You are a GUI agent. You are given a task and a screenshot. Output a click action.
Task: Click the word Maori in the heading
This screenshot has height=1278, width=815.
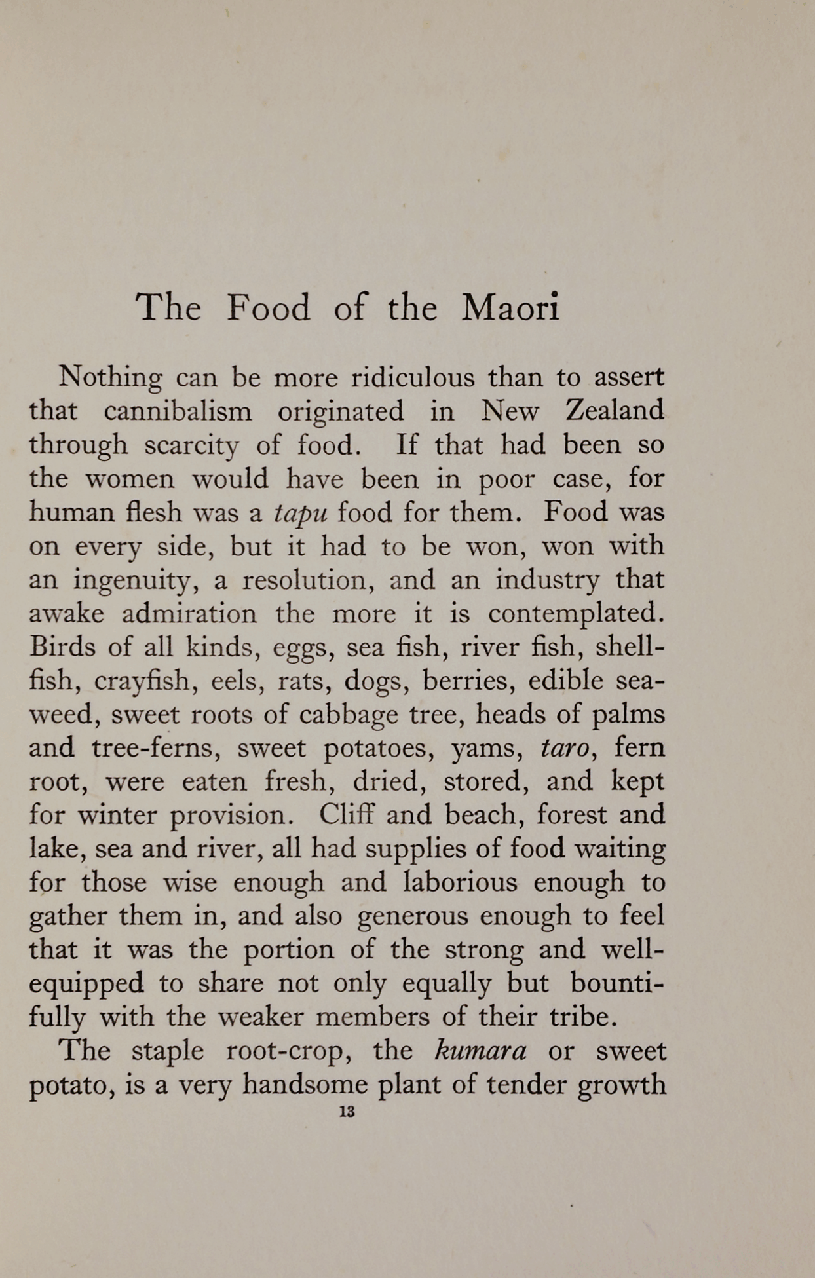pyautogui.click(x=511, y=307)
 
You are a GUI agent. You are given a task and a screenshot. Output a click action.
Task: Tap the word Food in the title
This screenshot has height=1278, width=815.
pyautogui.click(x=269, y=307)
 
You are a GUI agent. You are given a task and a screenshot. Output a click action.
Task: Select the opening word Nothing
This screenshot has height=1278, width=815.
pyautogui.click(x=110, y=378)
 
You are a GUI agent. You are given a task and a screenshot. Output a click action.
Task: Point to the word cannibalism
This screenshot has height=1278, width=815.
pyautogui.click(x=178, y=411)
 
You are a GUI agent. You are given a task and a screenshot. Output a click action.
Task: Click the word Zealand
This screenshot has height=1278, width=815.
pyautogui.click(x=615, y=411)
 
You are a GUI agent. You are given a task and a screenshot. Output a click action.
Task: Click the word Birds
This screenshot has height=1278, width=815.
pyautogui.click(x=61, y=647)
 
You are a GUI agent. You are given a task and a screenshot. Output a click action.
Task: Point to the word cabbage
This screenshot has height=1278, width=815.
pyautogui.click(x=348, y=715)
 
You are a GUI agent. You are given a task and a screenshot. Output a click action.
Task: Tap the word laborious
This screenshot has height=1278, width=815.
pyautogui.click(x=460, y=882)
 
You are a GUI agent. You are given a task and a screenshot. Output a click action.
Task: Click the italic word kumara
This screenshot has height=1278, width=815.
pyautogui.click(x=480, y=1051)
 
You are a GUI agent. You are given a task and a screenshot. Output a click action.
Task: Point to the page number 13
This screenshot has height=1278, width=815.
pyautogui.click(x=347, y=1112)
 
